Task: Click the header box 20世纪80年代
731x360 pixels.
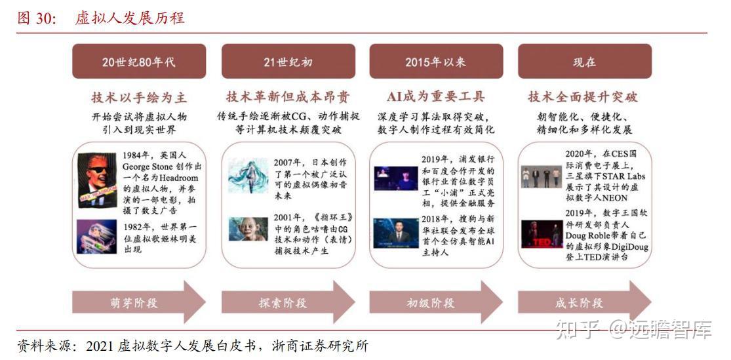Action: point(138,62)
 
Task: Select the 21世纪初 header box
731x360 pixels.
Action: point(288,62)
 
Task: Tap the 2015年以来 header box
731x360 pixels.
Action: point(436,62)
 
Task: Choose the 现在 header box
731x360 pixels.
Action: point(584,62)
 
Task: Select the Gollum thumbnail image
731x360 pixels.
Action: point(248,230)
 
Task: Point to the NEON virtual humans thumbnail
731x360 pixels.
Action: point(542,176)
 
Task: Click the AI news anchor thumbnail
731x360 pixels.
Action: point(396,233)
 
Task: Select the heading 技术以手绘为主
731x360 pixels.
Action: point(138,98)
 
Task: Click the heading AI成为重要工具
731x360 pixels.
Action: point(436,97)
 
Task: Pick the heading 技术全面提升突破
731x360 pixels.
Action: point(583,97)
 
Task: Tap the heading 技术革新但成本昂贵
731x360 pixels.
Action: point(288,97)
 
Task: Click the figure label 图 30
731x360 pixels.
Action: point(35,18)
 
